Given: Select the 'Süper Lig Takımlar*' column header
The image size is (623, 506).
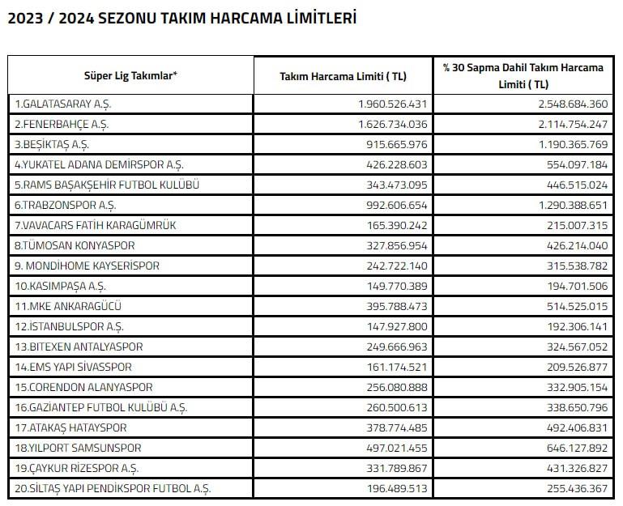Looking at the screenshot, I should pos(130,75).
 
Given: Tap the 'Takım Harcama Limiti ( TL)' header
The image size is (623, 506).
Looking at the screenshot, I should pos(343,76).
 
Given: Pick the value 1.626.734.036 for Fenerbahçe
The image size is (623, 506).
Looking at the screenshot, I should pos(392,125).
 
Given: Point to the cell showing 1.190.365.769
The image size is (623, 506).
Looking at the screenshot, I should pos(565,145).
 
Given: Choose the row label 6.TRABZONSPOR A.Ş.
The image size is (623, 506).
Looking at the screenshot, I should pos(61,206).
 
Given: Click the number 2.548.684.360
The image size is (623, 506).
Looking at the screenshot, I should pos(565,104).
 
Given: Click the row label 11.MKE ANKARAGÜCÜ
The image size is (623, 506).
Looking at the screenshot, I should pos(66,307).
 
